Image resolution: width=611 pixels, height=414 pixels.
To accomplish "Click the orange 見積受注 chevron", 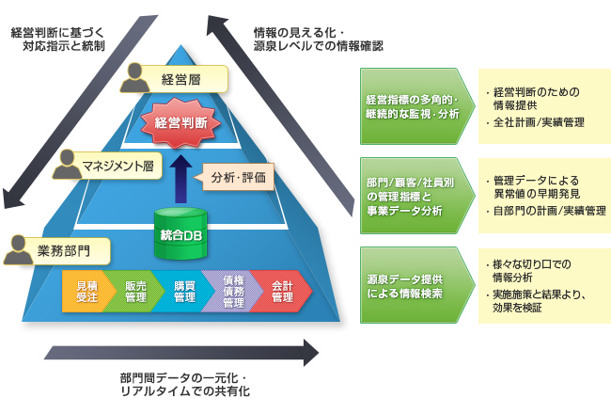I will coord(85,291).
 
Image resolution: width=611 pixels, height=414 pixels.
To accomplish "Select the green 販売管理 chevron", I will coord(133,291).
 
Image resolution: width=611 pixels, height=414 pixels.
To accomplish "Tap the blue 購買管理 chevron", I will coord(181,291).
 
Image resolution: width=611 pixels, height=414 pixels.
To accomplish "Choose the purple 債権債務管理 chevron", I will coord(231,291).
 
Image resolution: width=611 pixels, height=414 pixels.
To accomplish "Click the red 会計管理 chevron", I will coord(280,291).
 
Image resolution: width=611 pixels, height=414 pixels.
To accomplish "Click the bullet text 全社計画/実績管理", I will coord(540,123).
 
